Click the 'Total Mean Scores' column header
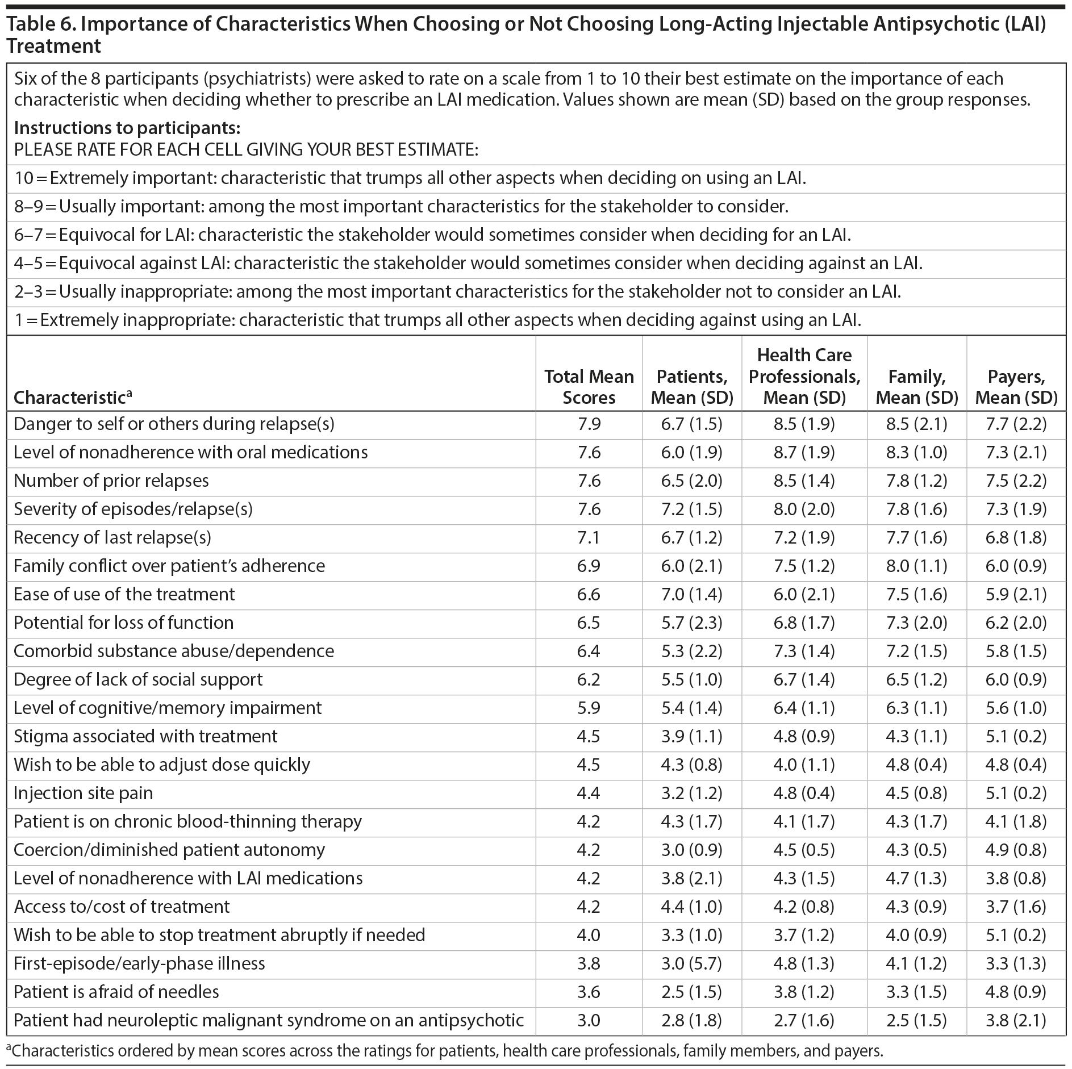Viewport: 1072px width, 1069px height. (589, 387)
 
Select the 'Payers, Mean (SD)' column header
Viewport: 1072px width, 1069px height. (1016, 387)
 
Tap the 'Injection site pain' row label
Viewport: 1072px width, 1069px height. (83, 793)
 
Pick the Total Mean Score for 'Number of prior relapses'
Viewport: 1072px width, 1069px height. (589, 481)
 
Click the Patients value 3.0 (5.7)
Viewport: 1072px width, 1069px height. (691, 963)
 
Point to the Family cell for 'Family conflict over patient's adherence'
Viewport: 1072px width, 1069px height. (916, 566)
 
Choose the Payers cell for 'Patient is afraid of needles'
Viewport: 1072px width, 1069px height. (1016, 992)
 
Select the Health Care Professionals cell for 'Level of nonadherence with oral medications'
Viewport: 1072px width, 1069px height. (804, 452)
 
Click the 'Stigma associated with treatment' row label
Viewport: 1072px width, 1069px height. (145, 736)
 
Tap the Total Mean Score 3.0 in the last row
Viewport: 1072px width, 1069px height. (589, 1020)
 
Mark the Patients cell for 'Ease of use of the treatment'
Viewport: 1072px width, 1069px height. (691, 594)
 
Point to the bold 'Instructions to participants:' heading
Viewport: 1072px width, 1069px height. (127, 127)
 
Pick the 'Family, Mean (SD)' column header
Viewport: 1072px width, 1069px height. (916, 387)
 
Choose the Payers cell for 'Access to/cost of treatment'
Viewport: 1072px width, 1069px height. (1016, 907)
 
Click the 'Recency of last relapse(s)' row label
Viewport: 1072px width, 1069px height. (112, 537)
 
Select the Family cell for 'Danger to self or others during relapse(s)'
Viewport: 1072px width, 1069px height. (916, 424)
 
